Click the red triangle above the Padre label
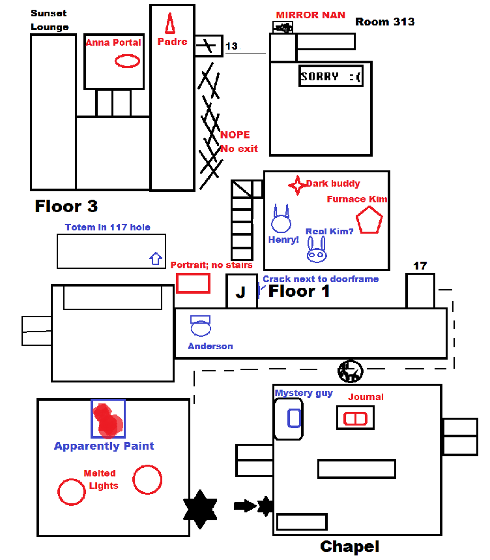(169, 23)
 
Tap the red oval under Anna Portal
(127, 61)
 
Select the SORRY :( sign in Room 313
(330, 76)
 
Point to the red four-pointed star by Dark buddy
(297, 185)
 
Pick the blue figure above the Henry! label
(281, 220)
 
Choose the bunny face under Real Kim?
(317, 251)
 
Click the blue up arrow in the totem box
(156, 258)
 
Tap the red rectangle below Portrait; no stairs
(193, 283)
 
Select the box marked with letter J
(241, 291)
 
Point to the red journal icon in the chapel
(356, 418)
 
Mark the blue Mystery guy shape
(294, 418)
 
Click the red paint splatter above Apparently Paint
(108, 420)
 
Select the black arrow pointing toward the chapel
(244, 505)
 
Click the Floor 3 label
(66, 207)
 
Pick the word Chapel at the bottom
(349, 546)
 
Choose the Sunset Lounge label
(49, 20)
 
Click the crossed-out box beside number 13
(209, 46)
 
